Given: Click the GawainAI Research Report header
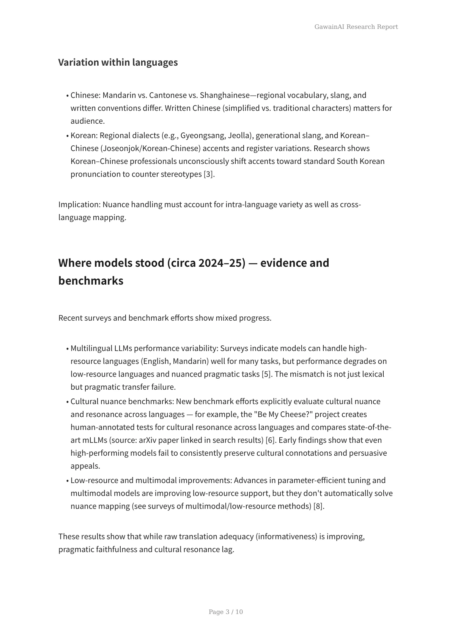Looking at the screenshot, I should coord(356,27).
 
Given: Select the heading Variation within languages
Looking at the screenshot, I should coord(118,62).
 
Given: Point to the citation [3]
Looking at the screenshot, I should coord(208,174).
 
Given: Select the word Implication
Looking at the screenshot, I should coord(79,205).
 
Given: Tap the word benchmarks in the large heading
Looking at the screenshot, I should coord(91,281).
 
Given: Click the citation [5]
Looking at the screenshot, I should coord(266,374).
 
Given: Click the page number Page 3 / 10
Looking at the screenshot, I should coord(226,612).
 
